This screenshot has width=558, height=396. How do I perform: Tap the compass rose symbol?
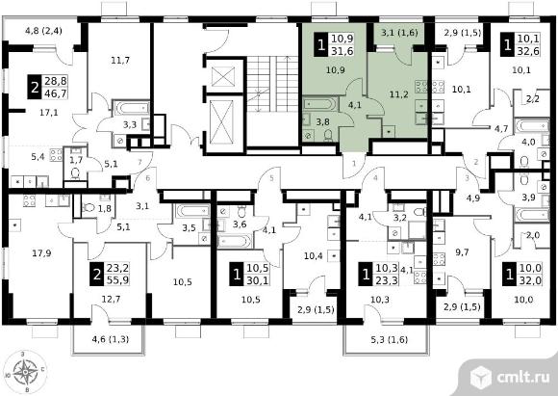pyautogui.click(x=25, y=372)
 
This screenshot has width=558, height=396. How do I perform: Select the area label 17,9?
pyautogui.click(x=41, y=253)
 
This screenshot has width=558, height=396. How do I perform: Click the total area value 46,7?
pyautogui.click(x=56, y=94)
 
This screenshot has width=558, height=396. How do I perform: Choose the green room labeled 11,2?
pyautogui.click(x=398, y=94)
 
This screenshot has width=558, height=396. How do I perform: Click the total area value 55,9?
pyautogui.click(x=117, y=280)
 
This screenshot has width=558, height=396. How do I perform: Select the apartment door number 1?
pyautogui.click(x=354, y=164)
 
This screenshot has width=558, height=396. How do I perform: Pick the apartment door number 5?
pyautogui.click(x=271, y=178)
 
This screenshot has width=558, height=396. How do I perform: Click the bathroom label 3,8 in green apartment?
pyautogui.click(x=322, y=122)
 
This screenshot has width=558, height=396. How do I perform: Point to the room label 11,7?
pyautogui.click(x=120, y=61)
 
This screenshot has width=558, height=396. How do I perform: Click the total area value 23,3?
pyautogui.click(x=387, y=280)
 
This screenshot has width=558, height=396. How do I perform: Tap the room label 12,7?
pyautogui.click(x=111, y=299)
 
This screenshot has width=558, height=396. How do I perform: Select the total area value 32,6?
pyautogui.click(x=528, y=51)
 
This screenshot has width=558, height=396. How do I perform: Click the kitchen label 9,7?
pyautogui.click(x=462, y=252)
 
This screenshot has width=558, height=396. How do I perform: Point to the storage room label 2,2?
pyautogui.click(x=532, y=99)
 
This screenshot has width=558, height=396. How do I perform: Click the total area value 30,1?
pyautogui.click(x=257, y=280)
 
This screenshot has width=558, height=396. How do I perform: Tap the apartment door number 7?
pyautogui.click(x=139, y=162)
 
